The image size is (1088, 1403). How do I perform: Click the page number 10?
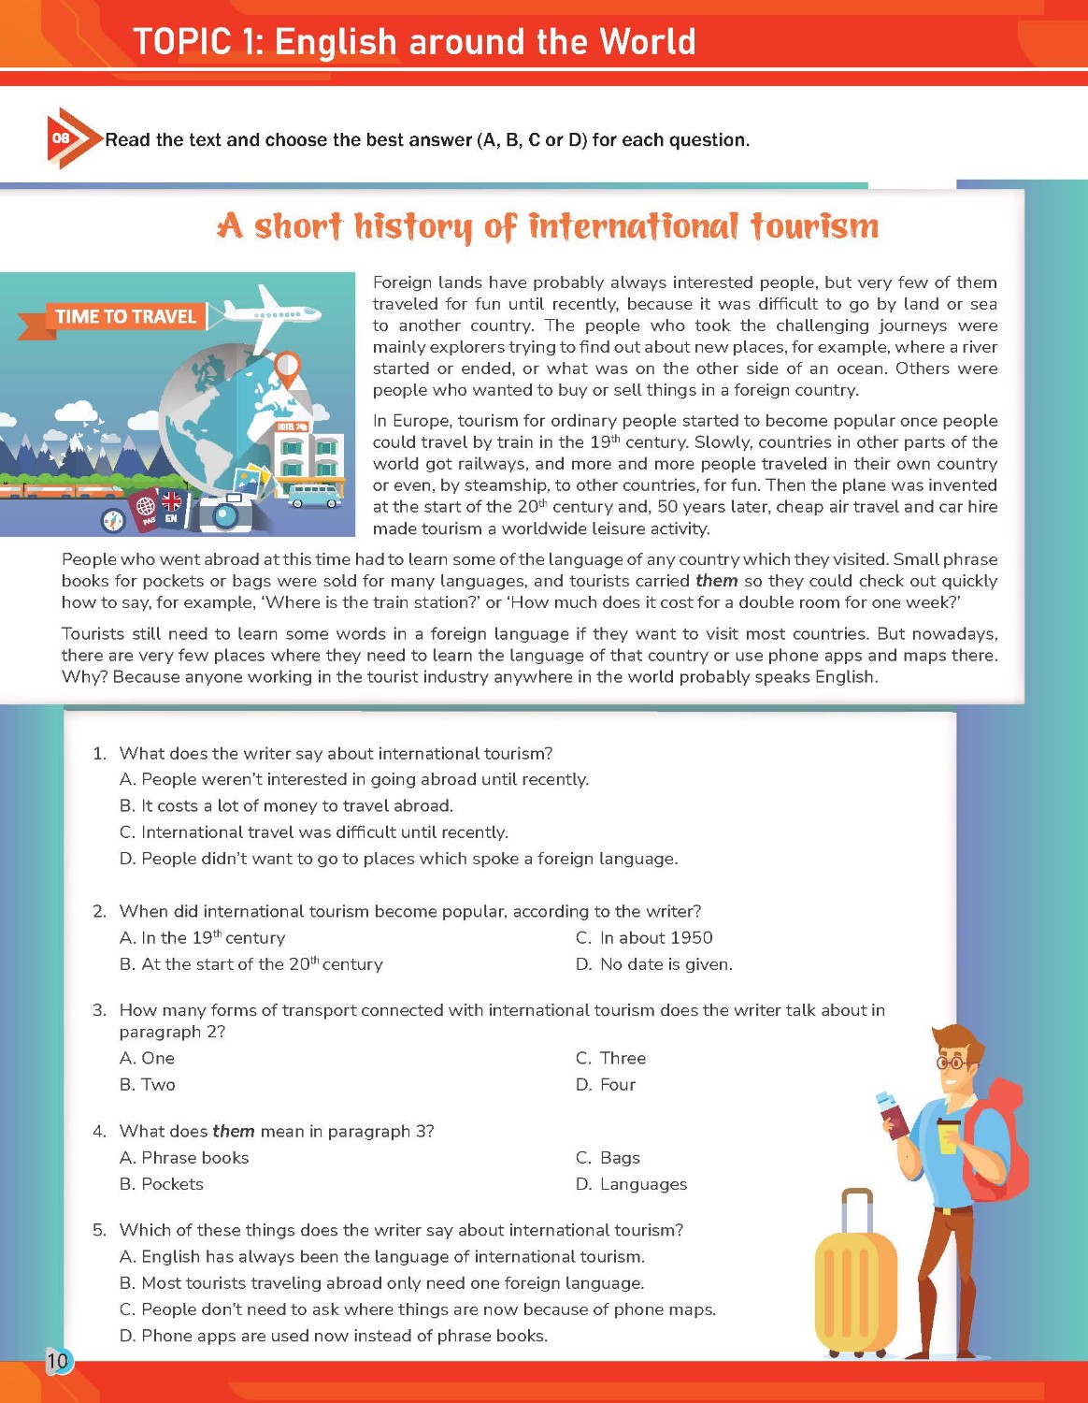click(58, 1361)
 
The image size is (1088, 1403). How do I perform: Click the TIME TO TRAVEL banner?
click(125, 317)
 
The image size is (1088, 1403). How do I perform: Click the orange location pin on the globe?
click(288, 367)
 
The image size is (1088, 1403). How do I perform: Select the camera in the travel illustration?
click(224, 512)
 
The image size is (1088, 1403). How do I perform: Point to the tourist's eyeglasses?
click(952, 1063)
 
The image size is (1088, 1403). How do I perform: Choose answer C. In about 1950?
click(644, 938)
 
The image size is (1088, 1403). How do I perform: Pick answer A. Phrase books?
click(184, 1158)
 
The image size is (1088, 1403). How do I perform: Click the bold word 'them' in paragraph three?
click(716, 581)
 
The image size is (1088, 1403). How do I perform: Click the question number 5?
click(99, 1230)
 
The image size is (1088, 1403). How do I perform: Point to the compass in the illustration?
click(113, 520)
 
